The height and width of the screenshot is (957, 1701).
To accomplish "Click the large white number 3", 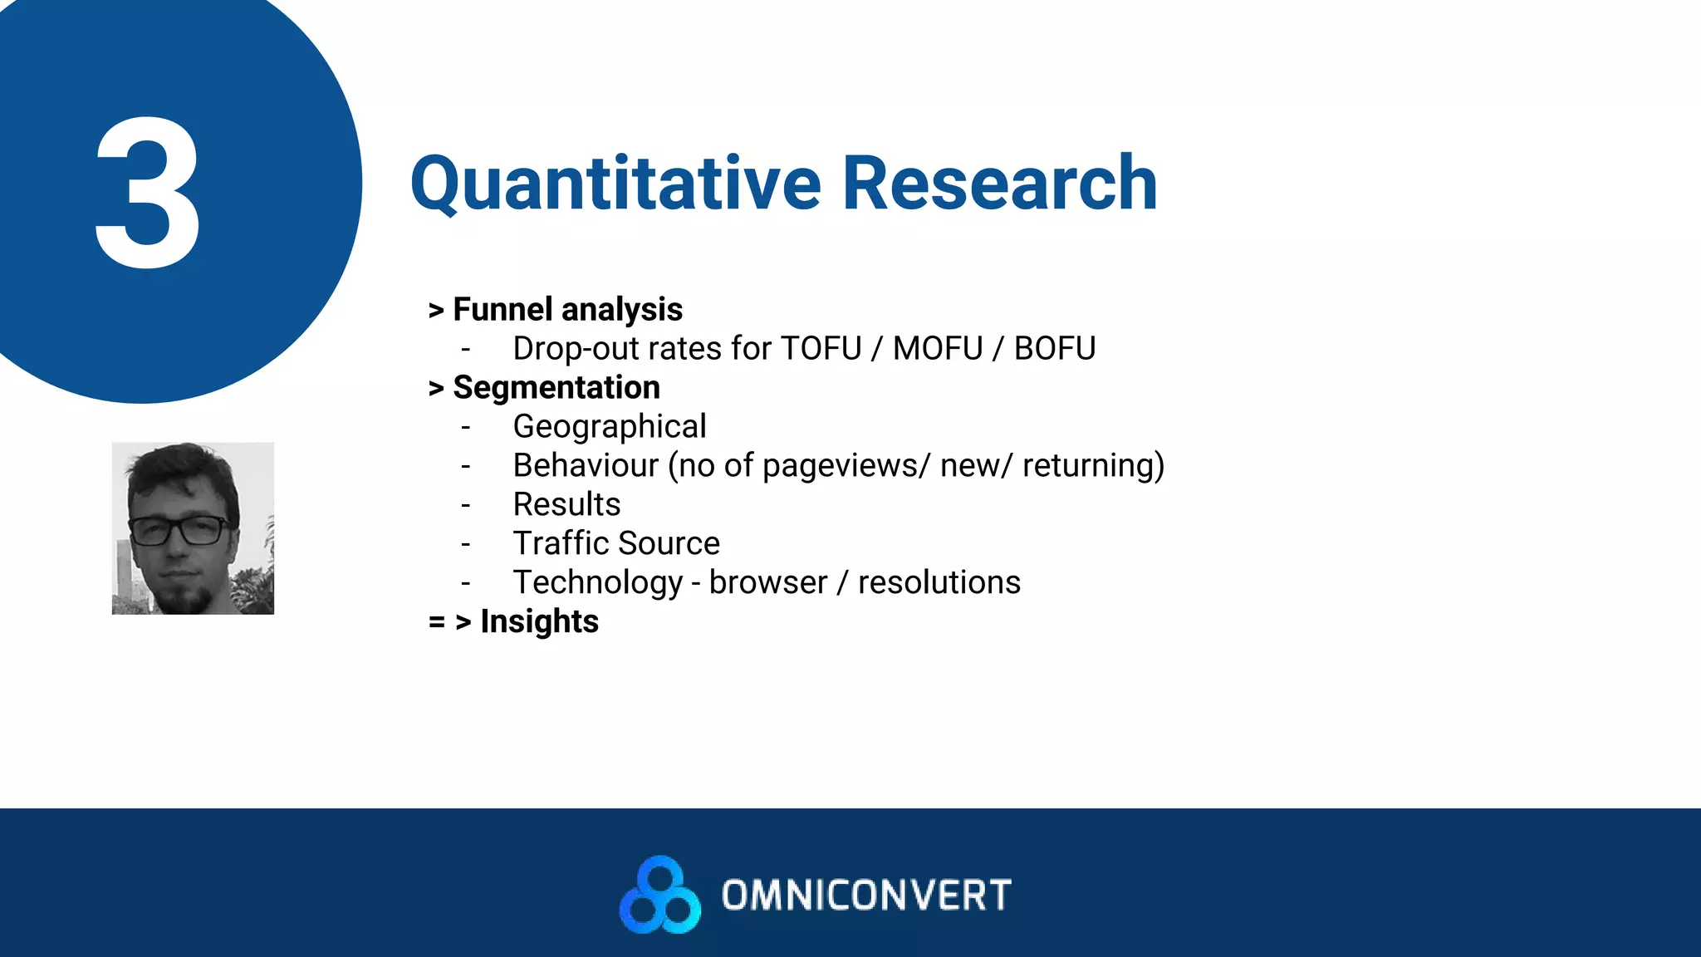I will click(x=148, y=193).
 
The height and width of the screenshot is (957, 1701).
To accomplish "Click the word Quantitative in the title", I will click(x=615, y=184).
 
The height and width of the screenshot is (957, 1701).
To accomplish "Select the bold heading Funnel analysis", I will click(x=567, y=310).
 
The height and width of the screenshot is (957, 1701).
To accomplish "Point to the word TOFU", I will click(x=821, y=349).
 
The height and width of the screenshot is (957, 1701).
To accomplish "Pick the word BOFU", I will click(x=1055, y=349).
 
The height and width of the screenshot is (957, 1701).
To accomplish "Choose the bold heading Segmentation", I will click(x=556, y=388).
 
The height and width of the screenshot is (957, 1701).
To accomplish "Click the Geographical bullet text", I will click(x=610, y=427).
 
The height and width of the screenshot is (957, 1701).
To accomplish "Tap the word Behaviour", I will click(x=586, y=466).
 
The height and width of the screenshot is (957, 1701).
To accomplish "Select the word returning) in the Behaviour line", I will click(x=1093, y=466).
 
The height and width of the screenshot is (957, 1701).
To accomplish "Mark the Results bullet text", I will click(x=566, y=505).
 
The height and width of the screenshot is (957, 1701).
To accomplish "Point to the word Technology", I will click(x=597, y=583).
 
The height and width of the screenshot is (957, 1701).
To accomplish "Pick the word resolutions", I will click(x=939, y=583).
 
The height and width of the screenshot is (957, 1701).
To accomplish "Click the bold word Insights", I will click(x=539, y=622).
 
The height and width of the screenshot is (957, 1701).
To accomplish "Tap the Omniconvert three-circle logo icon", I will click(x=660, y=896).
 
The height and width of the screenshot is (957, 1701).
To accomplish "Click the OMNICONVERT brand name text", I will click(x=866, y=896).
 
